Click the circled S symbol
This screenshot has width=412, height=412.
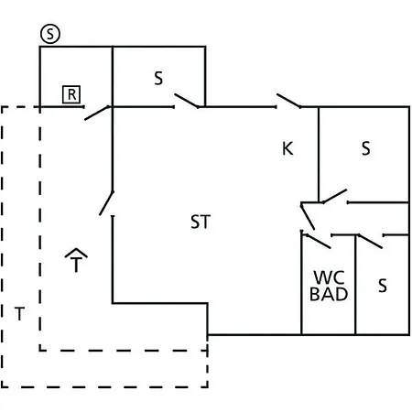[50, 34]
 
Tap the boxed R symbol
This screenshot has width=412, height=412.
[71, 94]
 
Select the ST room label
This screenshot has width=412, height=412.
[201, 222]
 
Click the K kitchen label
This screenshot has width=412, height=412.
[287, 148]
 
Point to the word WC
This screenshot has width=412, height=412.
[329, 277]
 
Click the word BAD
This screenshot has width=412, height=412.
[329, 294]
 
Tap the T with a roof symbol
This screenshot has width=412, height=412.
[76, 260]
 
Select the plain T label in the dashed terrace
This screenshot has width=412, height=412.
[19, 314]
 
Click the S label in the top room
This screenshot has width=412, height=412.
[158, 78]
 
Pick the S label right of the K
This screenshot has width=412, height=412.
[366, 148]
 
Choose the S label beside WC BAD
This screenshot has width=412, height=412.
[383, 286]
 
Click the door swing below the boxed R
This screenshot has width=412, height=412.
[97, 113]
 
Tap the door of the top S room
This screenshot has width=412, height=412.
[186, 101]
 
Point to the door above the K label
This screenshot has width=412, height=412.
[288, 101]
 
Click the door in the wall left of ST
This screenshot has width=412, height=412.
[106, 203]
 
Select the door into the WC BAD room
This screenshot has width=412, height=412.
[317, 241]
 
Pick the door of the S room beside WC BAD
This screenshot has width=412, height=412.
[370, 241]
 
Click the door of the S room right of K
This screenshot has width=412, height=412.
[335, 196]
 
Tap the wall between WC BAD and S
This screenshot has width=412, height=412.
[355, 285]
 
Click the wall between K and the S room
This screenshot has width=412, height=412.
[319, 155]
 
